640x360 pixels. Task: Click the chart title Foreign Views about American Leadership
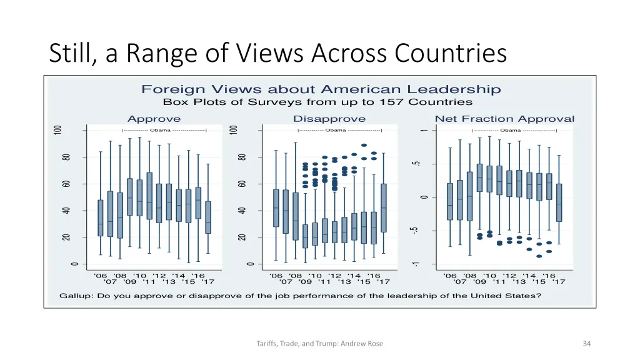click(x=321, y=90)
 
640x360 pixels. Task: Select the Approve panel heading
click(x=154, y=119)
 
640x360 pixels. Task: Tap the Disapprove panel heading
click(x=329, y=119)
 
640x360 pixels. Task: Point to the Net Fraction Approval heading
click(x=504, y=119)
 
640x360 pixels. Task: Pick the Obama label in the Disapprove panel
click(x=336, y=130)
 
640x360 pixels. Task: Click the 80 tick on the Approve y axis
click(x=66, y=157)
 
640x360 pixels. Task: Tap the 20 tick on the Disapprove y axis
click(x=242, y=237)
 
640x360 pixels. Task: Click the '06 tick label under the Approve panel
click(x=101, y=276)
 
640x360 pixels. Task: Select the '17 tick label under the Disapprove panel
click(x=383, y=282)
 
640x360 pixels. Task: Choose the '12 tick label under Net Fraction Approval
click(x=509, y=276)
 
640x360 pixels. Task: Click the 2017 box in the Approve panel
click(x=207, y=217)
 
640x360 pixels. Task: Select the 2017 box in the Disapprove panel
click(x=383, y=207)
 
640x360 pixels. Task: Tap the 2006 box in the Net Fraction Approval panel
click(x=450, y=201)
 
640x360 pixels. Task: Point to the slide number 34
click(x=586, y=343)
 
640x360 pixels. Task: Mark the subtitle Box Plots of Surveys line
click(x=317, y=102)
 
